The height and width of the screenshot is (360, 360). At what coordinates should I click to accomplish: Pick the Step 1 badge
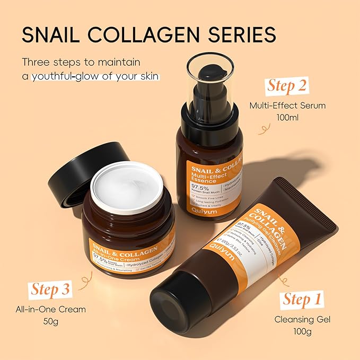[x=302, y=300]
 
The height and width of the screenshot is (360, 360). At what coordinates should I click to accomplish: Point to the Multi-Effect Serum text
[x=288, y=106]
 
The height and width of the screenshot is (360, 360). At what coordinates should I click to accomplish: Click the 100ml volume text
[x=288, y=117]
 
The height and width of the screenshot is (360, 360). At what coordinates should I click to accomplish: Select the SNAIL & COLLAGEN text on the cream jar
[x=126, y=245]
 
